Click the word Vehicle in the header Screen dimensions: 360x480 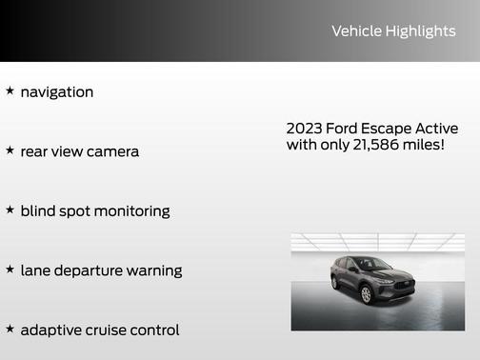tap(355, 31)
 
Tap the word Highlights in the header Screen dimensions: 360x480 tap(420, 31)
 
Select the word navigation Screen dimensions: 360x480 tap(57, 92)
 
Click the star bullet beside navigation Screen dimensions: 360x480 tap(10, 91)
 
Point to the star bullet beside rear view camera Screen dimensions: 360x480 tap(10, 150)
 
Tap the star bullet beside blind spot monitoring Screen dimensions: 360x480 tap(10, 210)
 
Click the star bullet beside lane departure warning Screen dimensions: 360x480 tap(10, 270)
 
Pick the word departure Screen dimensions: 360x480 tap(93, 271)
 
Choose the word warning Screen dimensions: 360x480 tap(156, 271)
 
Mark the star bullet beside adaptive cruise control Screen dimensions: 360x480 tap(10, 329)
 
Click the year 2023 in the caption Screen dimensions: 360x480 tap(304, 129)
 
